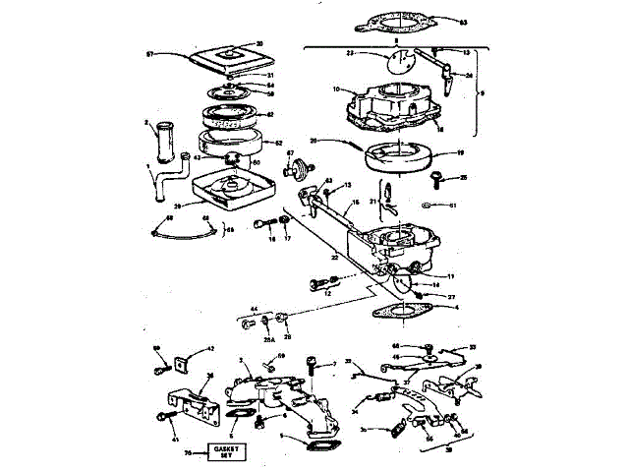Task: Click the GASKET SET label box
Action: pos(226,452)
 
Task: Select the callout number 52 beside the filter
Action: pos(277,144)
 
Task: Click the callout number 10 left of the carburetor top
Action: pos(336,89)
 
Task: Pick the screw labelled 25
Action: pos(438,178)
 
